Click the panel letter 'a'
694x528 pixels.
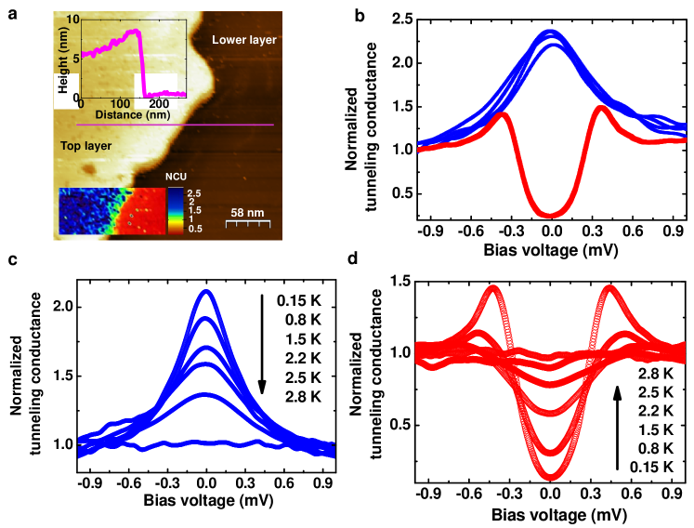13,8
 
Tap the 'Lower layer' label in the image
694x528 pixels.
244,40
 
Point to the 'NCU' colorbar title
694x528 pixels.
177,177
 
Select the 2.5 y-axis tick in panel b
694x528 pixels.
401,18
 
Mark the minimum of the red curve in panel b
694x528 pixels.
551,215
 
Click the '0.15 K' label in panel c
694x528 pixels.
300,300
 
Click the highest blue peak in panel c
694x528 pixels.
206,292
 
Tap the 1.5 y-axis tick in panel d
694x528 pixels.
405,281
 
